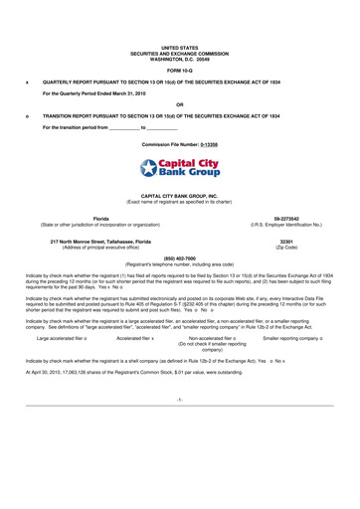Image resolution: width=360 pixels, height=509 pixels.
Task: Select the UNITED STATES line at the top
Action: click(x=179, y=19)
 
